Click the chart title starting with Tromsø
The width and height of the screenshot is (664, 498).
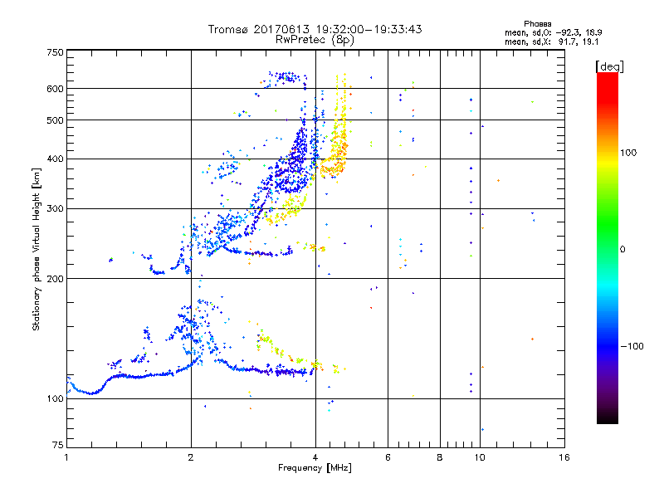point(315,29)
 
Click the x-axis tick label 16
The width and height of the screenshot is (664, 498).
point(564,457)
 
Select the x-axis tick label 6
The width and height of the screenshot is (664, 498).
point(388,457)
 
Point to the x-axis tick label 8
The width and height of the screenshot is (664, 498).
point(440,457)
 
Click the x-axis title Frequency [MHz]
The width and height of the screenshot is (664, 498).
point(315,469)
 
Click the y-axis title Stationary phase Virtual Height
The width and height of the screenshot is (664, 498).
point(37,249)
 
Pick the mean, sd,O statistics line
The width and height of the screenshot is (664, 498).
point(535,32)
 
